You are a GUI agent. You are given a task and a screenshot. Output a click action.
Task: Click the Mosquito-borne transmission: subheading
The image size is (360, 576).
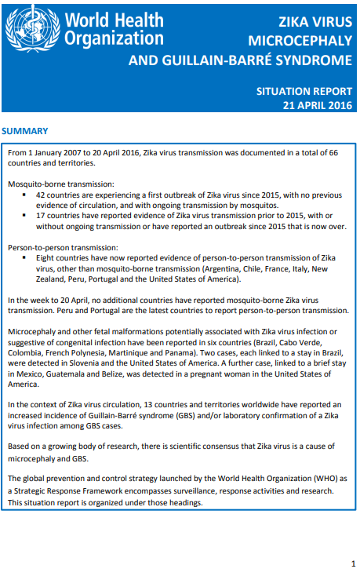click(x=60, y=182)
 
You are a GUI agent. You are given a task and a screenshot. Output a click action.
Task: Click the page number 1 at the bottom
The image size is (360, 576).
click(x=352, y=563)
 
